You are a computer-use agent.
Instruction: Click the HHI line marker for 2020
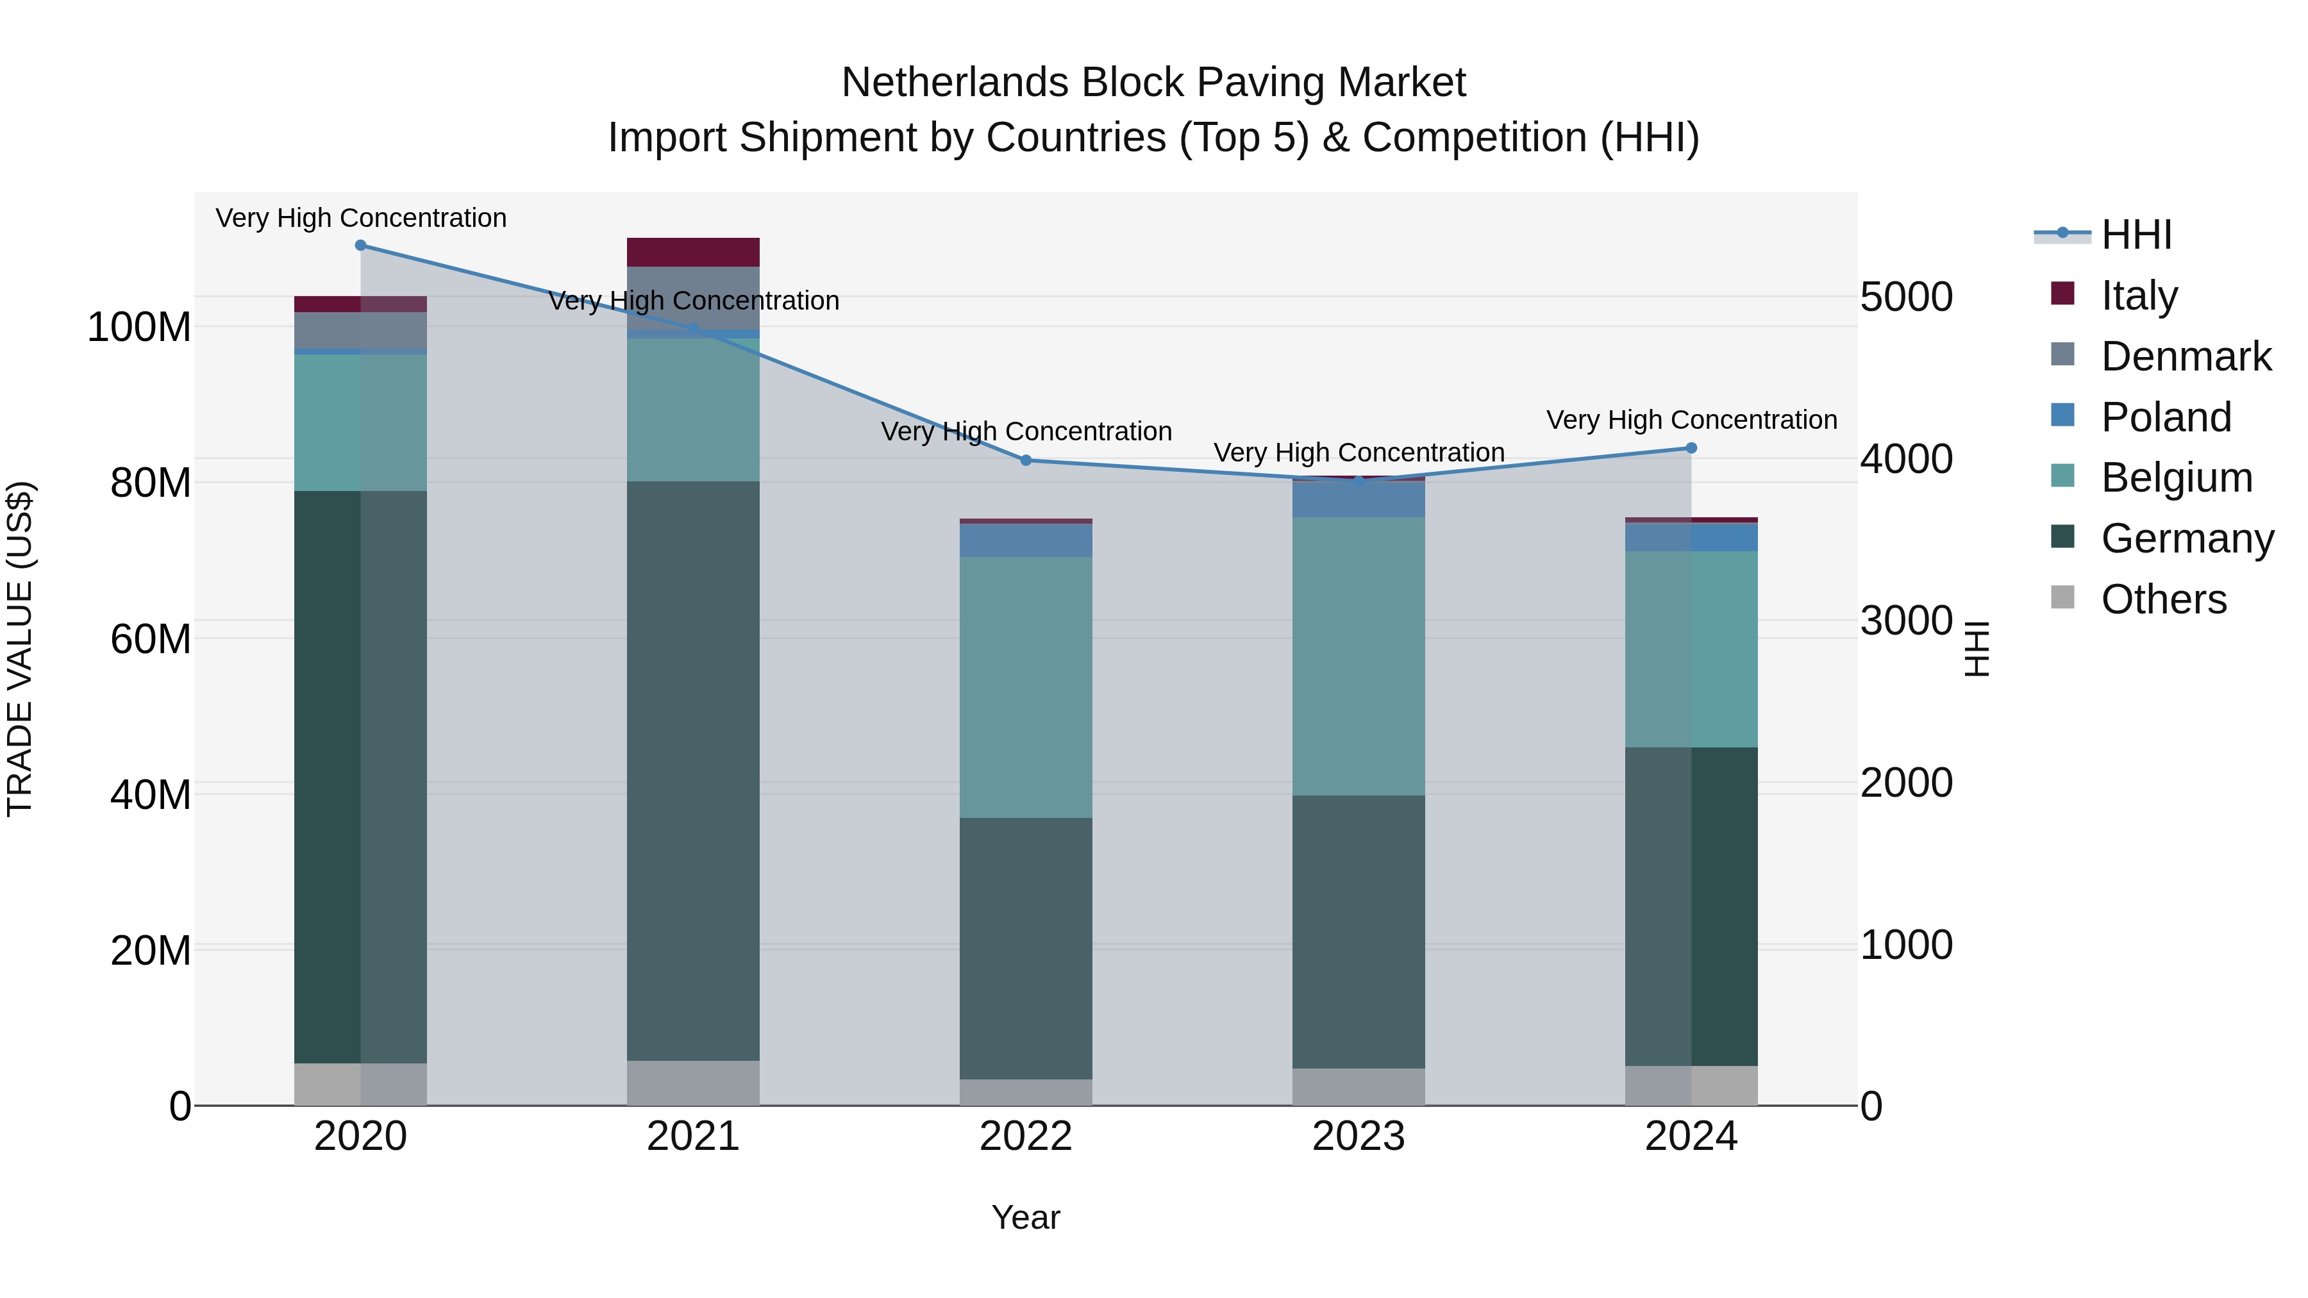click(x=360, y=245)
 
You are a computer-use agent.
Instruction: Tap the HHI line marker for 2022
click(x=1026, y=460)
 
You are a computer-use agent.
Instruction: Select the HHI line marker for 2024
click(x=1691, y=448)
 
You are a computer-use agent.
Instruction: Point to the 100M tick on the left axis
click(x=139, y=327)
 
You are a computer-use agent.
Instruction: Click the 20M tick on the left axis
click(x=151, y=951)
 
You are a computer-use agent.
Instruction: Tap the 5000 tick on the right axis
click(x=1906, y=297)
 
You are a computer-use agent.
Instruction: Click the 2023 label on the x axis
click(x=1359, y=1136)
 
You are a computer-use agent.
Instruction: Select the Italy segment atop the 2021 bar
click(x=692, y=252)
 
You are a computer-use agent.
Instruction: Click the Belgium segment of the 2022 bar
click(x=1026, y=687)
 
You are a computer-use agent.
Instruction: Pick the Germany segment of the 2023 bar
click(x=1359, y=931)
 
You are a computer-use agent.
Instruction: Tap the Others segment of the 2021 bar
click(x=692, y=1083)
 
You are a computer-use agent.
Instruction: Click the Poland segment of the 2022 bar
click(x=1026, y=540)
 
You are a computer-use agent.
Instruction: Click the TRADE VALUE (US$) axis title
click(x=20, y=649)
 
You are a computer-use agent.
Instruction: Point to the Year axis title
click(x=1026, y=1217)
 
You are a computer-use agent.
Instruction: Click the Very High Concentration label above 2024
click(x=1691, y=419)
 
